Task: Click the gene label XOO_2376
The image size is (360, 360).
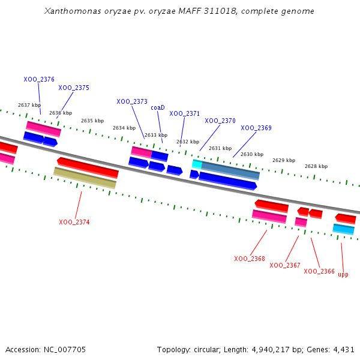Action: tap(39, 79)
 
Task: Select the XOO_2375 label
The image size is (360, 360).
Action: tap(74, 88)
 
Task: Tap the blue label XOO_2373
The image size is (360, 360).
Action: tap(132, 101)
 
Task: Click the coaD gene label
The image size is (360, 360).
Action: tap(157, 107)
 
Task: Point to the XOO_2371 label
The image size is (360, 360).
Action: tap(184, 113)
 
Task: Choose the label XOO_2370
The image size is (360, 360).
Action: tap(220, 121)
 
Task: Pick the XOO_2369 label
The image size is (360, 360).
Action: tap(256, 128)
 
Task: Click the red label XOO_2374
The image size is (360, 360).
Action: tap(74, 222)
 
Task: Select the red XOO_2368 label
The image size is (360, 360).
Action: tap(250, 259)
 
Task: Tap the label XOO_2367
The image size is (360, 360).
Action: tap(285, 265)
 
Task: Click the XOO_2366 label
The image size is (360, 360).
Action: tap(319, 271)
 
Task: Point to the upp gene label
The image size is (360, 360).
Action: tap(343, 274)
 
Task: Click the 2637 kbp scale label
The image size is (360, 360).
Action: tap(29, 105)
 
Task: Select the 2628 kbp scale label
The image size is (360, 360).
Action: tap(316, 166)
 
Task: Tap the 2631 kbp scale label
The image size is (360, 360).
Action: tap(220, 148)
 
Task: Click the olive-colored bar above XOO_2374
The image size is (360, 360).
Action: tap(85, 178)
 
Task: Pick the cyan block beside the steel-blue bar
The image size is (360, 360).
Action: tap(197, 164)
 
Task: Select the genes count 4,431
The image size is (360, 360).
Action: tap(344, 349)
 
